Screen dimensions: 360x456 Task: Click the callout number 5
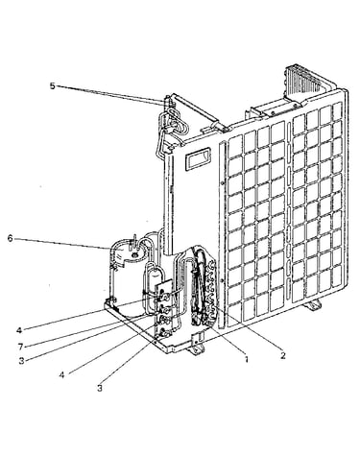pyautogui.click(x=52, y=86)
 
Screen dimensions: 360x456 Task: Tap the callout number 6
pyautogui.click(x=11, y=238)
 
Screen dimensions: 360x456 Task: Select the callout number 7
pyautogui.click(x=21, y=347)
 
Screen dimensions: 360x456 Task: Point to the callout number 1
pyautogui.click(x=246, y=359)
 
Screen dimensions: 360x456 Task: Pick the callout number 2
pyautogui.click(x=282, y=355)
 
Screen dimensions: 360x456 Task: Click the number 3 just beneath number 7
pyautogui.click(x=21, y=361)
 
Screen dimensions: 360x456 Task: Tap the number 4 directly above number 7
pyautogui.click(x=19, y=330)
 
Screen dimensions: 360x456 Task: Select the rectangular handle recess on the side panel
pyautogui.click(x=198, y=158)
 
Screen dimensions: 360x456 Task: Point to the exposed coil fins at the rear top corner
pyautogui.click(x=302, y=80)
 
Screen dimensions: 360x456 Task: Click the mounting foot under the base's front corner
pyautogui.click(x=196, y=348)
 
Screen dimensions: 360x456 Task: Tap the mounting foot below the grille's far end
pyautogui.click(x=312, y=305)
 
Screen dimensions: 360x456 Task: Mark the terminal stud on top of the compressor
pyautogui.click(x=134, y=241)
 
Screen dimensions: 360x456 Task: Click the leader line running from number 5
pyautogui.click(x=111, y=94)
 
